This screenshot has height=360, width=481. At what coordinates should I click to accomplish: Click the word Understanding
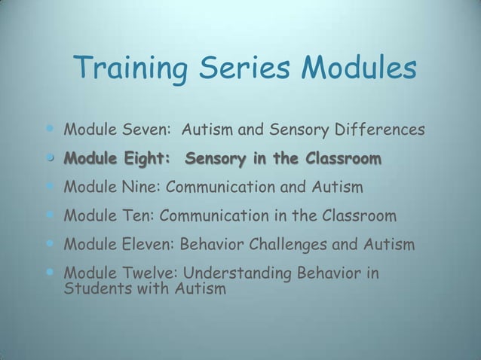click(240, 273)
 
